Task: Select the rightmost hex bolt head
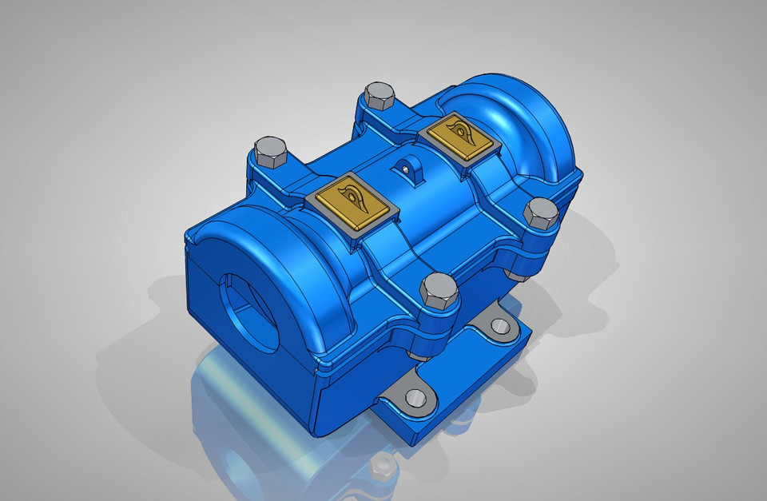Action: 541,213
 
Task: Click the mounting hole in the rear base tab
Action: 500,325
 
